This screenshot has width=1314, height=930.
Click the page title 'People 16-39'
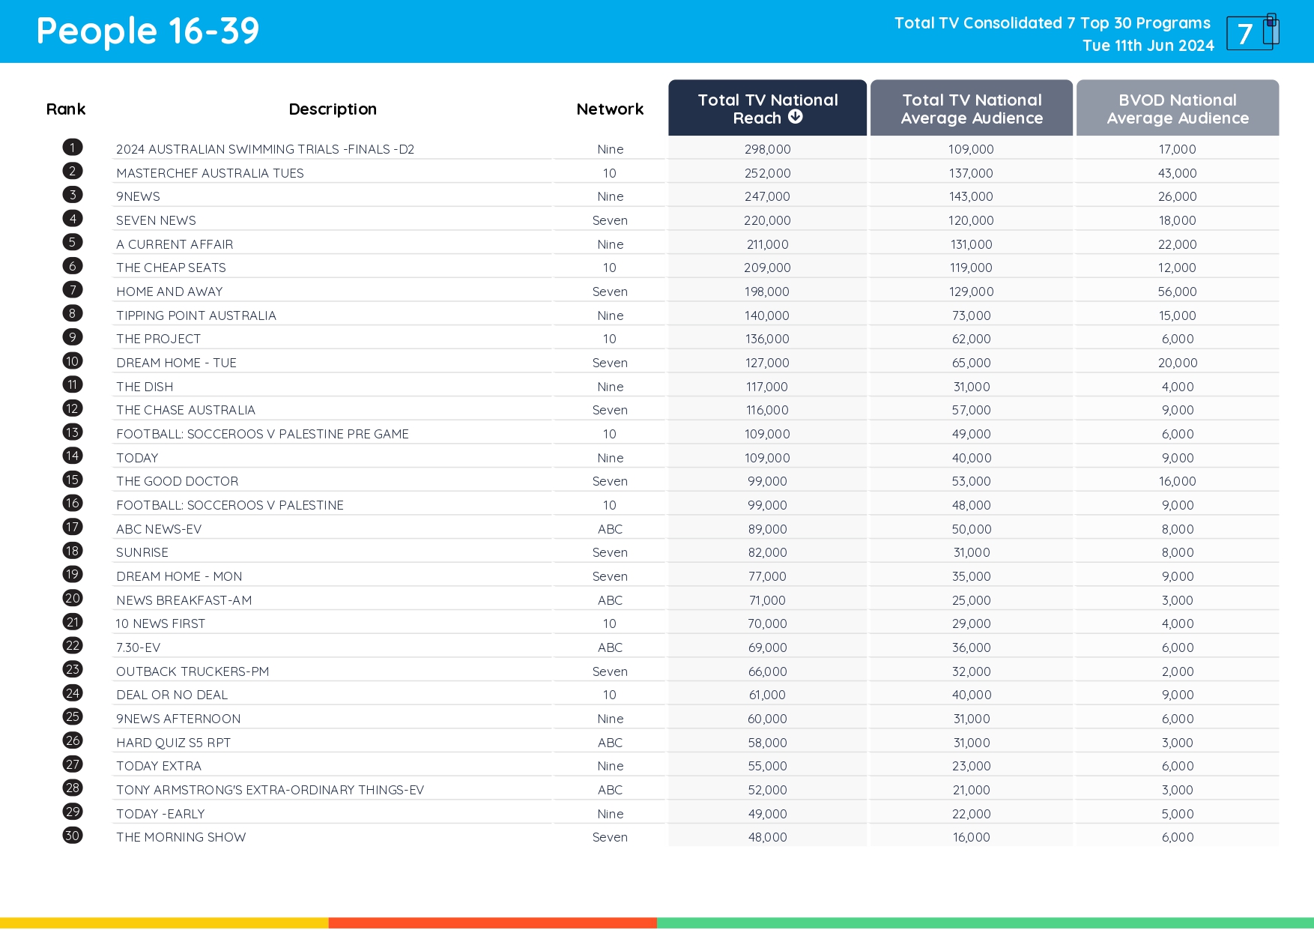[148, 31]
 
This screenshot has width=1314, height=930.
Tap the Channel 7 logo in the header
[1252, 32]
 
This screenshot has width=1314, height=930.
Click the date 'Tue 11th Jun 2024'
[1148, 46]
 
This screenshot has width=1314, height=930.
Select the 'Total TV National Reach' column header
[767, 109]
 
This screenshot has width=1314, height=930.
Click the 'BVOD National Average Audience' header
[1177, 109]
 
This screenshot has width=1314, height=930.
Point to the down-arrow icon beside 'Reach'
[796, 117]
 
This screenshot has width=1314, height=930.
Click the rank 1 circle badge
[73, 148]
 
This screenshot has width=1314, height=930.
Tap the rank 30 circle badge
[73, 836]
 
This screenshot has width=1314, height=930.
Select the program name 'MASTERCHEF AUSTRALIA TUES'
[210, 173]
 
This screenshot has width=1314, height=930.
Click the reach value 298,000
[767, 149]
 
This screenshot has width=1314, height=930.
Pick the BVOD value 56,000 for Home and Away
[1177, 292]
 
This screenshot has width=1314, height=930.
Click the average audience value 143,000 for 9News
[971, 196]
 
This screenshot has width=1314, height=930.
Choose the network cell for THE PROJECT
[610, 339]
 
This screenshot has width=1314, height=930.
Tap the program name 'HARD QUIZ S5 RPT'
[173, 743]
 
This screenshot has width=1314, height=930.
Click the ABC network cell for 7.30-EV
[610, 647]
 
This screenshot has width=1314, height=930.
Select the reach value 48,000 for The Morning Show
[767, 837]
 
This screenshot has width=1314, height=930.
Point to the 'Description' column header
[333, 109]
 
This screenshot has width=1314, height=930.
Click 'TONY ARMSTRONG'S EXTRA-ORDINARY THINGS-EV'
[270, 790]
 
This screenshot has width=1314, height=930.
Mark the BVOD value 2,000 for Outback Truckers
[1177, 671]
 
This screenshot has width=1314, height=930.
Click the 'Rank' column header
[66, 109]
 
